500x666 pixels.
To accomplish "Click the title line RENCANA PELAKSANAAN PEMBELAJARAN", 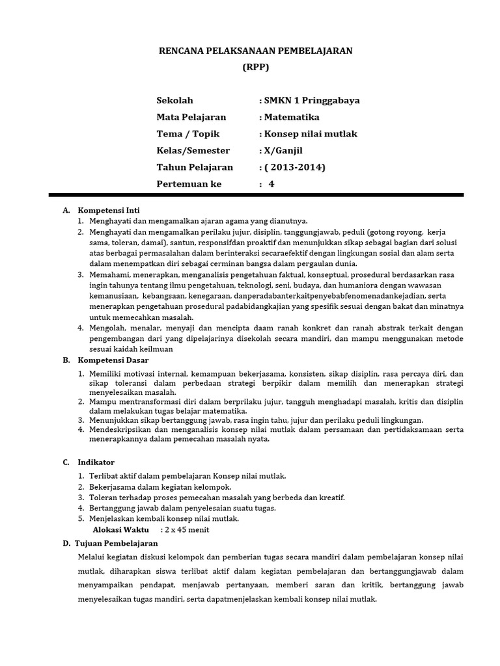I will pyautogui.click(x=256, y=51).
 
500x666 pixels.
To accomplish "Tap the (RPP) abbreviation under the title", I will pyautogui.click(x=255, y=67).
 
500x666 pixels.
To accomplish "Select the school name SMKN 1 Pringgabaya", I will pyautogui.click(x=311, y=101).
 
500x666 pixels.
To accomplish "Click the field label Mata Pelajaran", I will pyautogui.click(x=191, y=117).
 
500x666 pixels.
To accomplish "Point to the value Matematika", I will pyautogui.click(x=291, y=117).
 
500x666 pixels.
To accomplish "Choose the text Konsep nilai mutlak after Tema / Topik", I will pyautogui.click(x=310, y=134).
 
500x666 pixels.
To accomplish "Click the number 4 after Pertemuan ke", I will pyautogui.click(x=272, y=184).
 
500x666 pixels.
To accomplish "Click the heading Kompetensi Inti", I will pyautogui.click(x=109, y=211).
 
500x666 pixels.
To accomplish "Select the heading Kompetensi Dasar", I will pyautogui.click(x=113, y=360).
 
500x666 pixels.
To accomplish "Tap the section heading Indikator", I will pyautogui.click(x=96, y=462).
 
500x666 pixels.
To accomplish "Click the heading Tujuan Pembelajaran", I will pyautogui.click(x=117, y=543).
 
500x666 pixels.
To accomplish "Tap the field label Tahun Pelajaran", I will pyautogui.click(x=195, y=167).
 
